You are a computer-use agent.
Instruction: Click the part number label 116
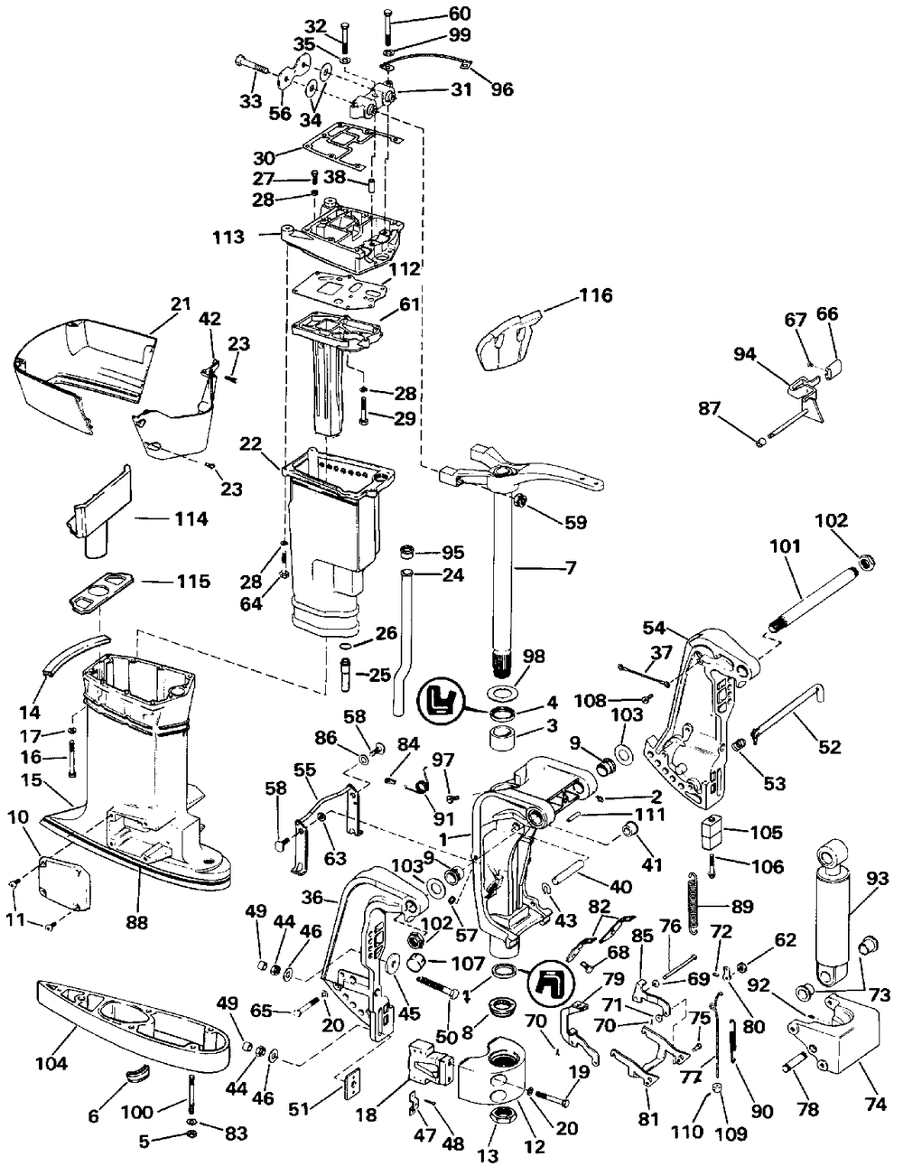click(595, 295)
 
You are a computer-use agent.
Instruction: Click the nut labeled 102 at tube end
click(865, 562)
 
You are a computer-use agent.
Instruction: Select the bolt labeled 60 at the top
click(387, 26)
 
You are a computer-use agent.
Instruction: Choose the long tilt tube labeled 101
click(817, 595)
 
